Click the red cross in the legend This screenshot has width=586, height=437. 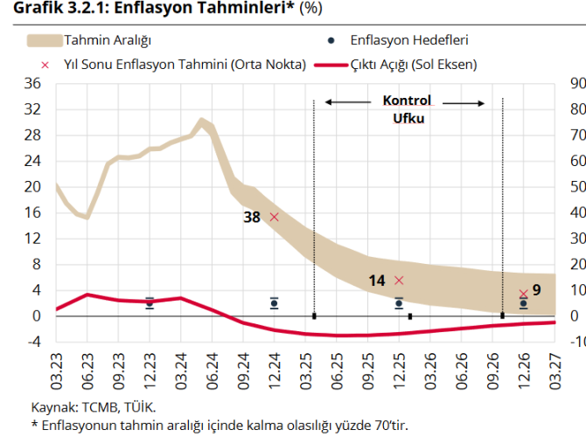(44, 65)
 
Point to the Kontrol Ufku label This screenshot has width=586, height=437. (407, 108)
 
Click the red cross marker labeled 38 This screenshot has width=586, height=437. (274, 217)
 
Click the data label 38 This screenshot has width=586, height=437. (252, 218)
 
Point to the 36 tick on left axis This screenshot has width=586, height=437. (33, 84)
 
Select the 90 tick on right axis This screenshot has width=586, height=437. (576, 84)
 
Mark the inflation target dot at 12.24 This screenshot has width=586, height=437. (275, 303)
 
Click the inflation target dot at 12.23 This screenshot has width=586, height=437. (150, 302)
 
